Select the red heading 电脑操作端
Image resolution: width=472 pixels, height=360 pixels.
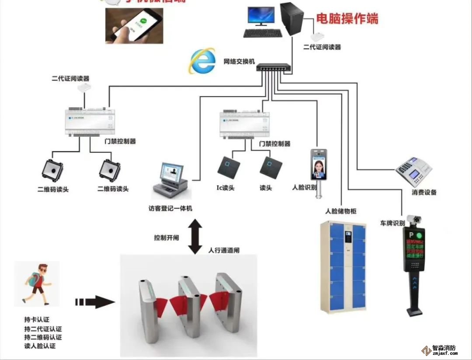(x=347, y=19)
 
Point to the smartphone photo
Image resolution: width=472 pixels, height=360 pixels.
(x=134, y=25)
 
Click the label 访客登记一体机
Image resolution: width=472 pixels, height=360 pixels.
(x=170, y=208)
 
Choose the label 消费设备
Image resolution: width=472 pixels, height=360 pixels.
(x=424, y=192)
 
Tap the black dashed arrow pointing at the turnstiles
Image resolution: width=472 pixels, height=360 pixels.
(x=94, y=302)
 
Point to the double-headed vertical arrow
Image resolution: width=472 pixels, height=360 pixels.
(x=195, y=236)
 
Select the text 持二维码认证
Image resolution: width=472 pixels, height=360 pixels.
(x=43, y=337)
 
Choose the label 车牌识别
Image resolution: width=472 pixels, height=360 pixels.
(x=392, y=223)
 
